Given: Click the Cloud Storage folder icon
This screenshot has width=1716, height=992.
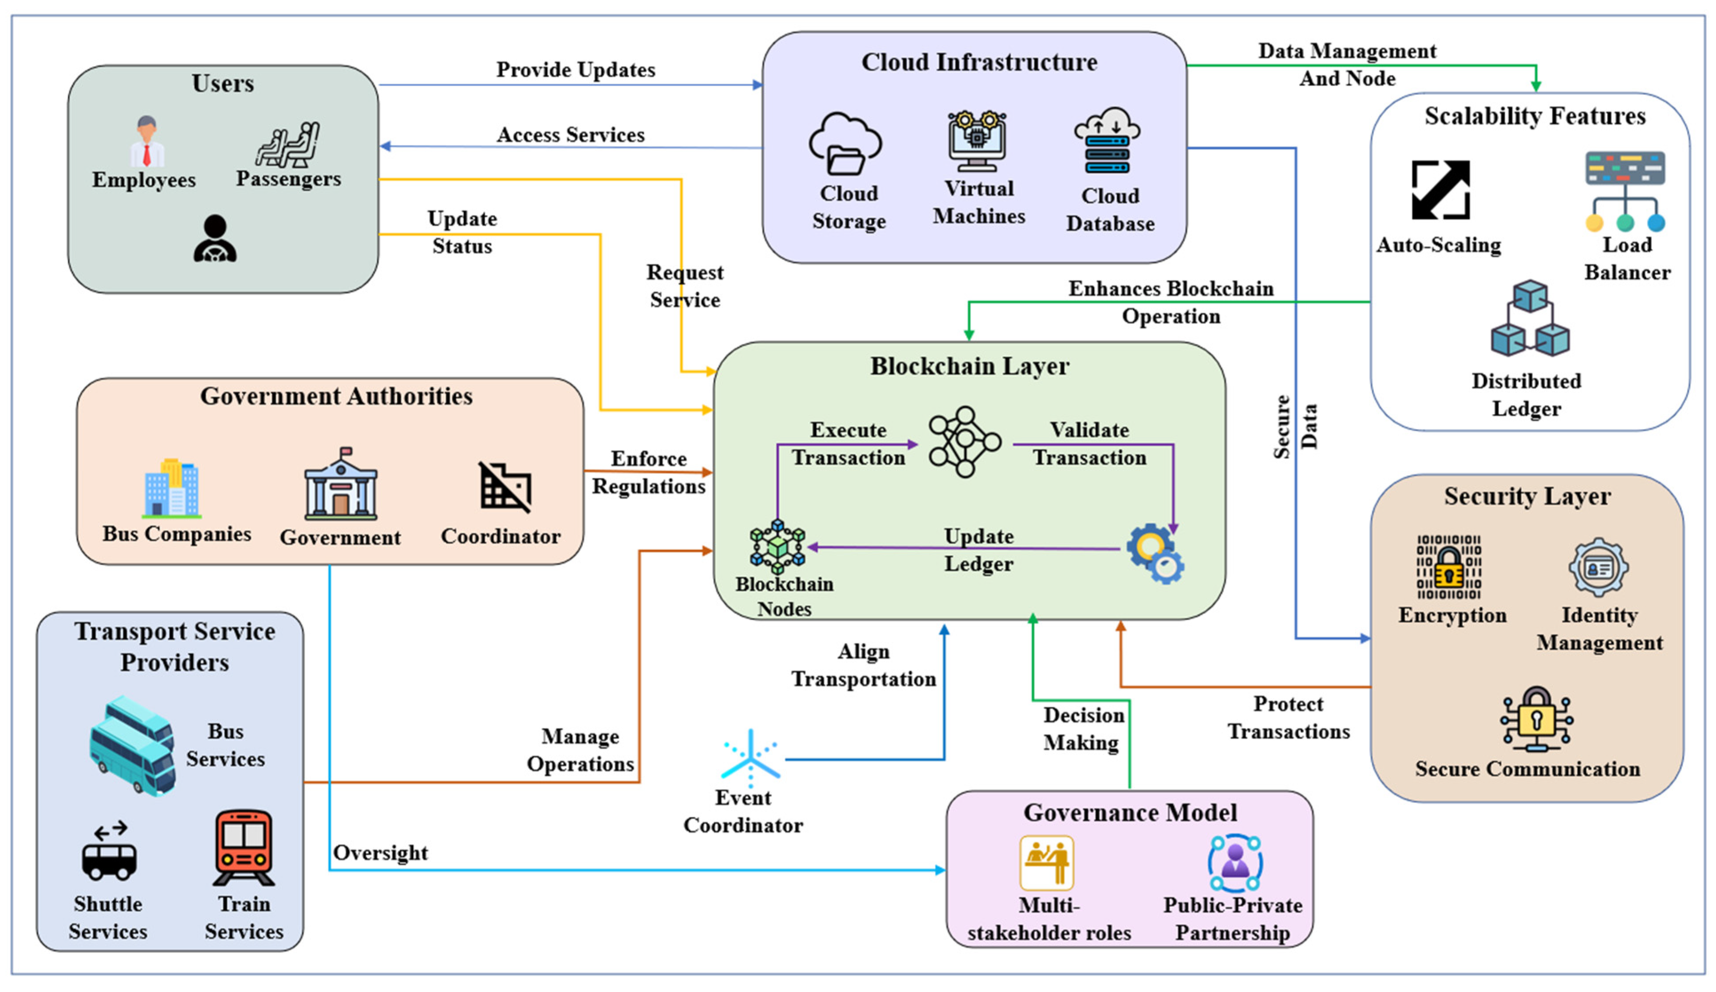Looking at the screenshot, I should point(845,144).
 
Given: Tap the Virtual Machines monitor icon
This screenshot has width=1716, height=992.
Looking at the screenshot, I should point(977,141).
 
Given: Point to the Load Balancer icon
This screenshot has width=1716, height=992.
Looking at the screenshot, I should point(1625,191).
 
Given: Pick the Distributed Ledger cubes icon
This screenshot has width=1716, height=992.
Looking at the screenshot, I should point(1530,319).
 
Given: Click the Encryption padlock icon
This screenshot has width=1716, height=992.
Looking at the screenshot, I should point(1448,567).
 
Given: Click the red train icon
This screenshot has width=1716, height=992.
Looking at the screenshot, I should point(244,847).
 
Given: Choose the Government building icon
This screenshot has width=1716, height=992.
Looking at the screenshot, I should point(340,485).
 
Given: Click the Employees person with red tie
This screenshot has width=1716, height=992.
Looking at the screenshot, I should point(146,142).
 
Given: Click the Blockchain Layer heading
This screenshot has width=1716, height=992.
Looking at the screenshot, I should point(969,366).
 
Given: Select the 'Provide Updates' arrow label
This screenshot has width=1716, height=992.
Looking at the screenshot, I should point(576,70).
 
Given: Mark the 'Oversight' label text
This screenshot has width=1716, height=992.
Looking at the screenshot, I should point(380,852).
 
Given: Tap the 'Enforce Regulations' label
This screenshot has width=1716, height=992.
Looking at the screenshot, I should point(648,472).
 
